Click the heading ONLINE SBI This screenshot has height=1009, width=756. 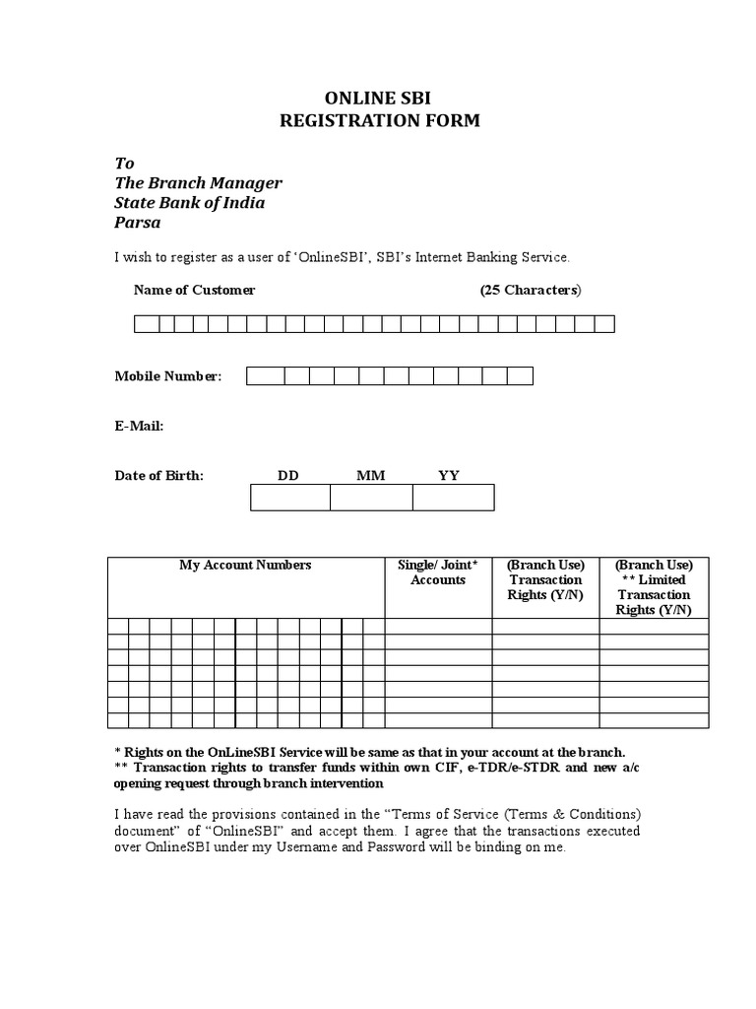[x=378, y=99]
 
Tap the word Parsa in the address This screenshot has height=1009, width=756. [x=138, y=223]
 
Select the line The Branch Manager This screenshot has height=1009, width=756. [x=198, y=183]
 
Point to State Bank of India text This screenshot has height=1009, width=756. [x=189, y=203]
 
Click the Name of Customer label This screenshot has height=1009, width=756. [x=194, y=290]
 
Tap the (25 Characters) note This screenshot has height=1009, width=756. [x=531, y=290]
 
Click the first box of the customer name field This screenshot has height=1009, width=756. [x=143, y=324]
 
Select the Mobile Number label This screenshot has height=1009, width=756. [x=168, y=376]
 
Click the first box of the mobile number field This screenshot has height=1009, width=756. [x=259, y=375]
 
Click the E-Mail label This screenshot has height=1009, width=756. [x=140, y=426]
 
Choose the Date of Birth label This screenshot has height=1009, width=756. [x=159, y=475]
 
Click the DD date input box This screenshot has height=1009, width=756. [x=290, y=498]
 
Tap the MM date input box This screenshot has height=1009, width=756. [x=371, y=498]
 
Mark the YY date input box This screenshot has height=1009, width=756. [x=453, y=498]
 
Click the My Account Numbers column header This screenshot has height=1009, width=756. [x=245, y=566]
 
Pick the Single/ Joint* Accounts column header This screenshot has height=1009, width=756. [x=438, y=572]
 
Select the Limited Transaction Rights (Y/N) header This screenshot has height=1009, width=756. [x=654, y=587]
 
